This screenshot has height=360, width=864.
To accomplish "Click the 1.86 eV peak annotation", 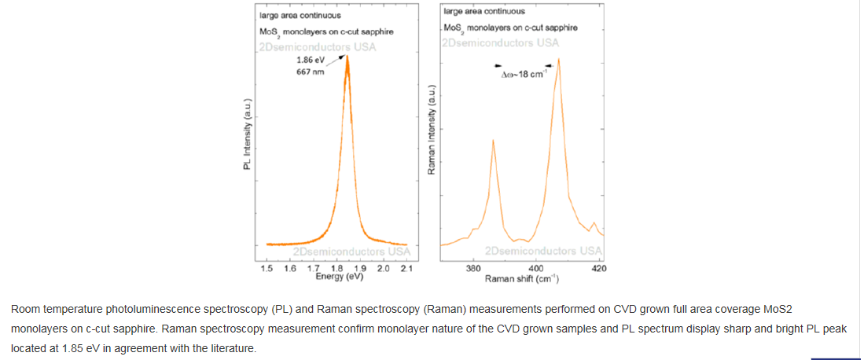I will coord(310,60).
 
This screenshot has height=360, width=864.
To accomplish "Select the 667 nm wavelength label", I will coord(310,72).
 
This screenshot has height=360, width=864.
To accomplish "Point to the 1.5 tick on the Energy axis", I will coord(267,269).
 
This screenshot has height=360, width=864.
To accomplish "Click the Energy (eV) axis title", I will coord(340,277).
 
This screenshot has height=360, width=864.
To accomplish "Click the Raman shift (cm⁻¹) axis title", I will coord(521,278).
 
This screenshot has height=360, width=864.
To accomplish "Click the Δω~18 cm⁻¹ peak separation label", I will coord(524,75).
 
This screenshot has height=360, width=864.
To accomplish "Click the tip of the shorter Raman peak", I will coord(493,140).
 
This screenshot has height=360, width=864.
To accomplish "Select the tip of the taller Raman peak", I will coord(558,58).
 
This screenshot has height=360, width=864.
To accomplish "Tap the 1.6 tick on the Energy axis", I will coord(290,269).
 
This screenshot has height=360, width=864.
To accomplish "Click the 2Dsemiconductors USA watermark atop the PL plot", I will coord(317,46).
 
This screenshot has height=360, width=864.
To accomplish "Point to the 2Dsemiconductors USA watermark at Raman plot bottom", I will coord(544,252).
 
